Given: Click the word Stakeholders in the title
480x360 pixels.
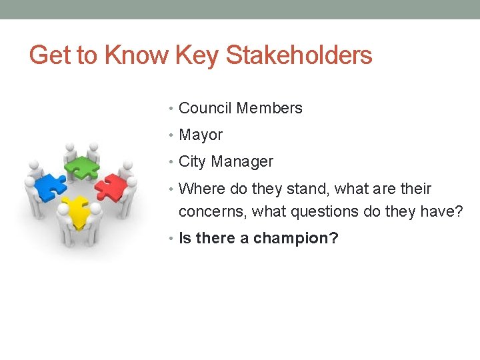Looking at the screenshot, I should (x=299, y=55).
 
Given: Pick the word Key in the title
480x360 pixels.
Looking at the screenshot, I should (x=197, y=55).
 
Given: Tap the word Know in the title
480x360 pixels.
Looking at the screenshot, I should (x=136, y=55).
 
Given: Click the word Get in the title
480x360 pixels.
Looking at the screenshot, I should (x=51, y=55).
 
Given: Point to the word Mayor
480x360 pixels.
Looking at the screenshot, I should (x=201, y=135).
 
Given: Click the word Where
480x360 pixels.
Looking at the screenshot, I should (x=202, y=189).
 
